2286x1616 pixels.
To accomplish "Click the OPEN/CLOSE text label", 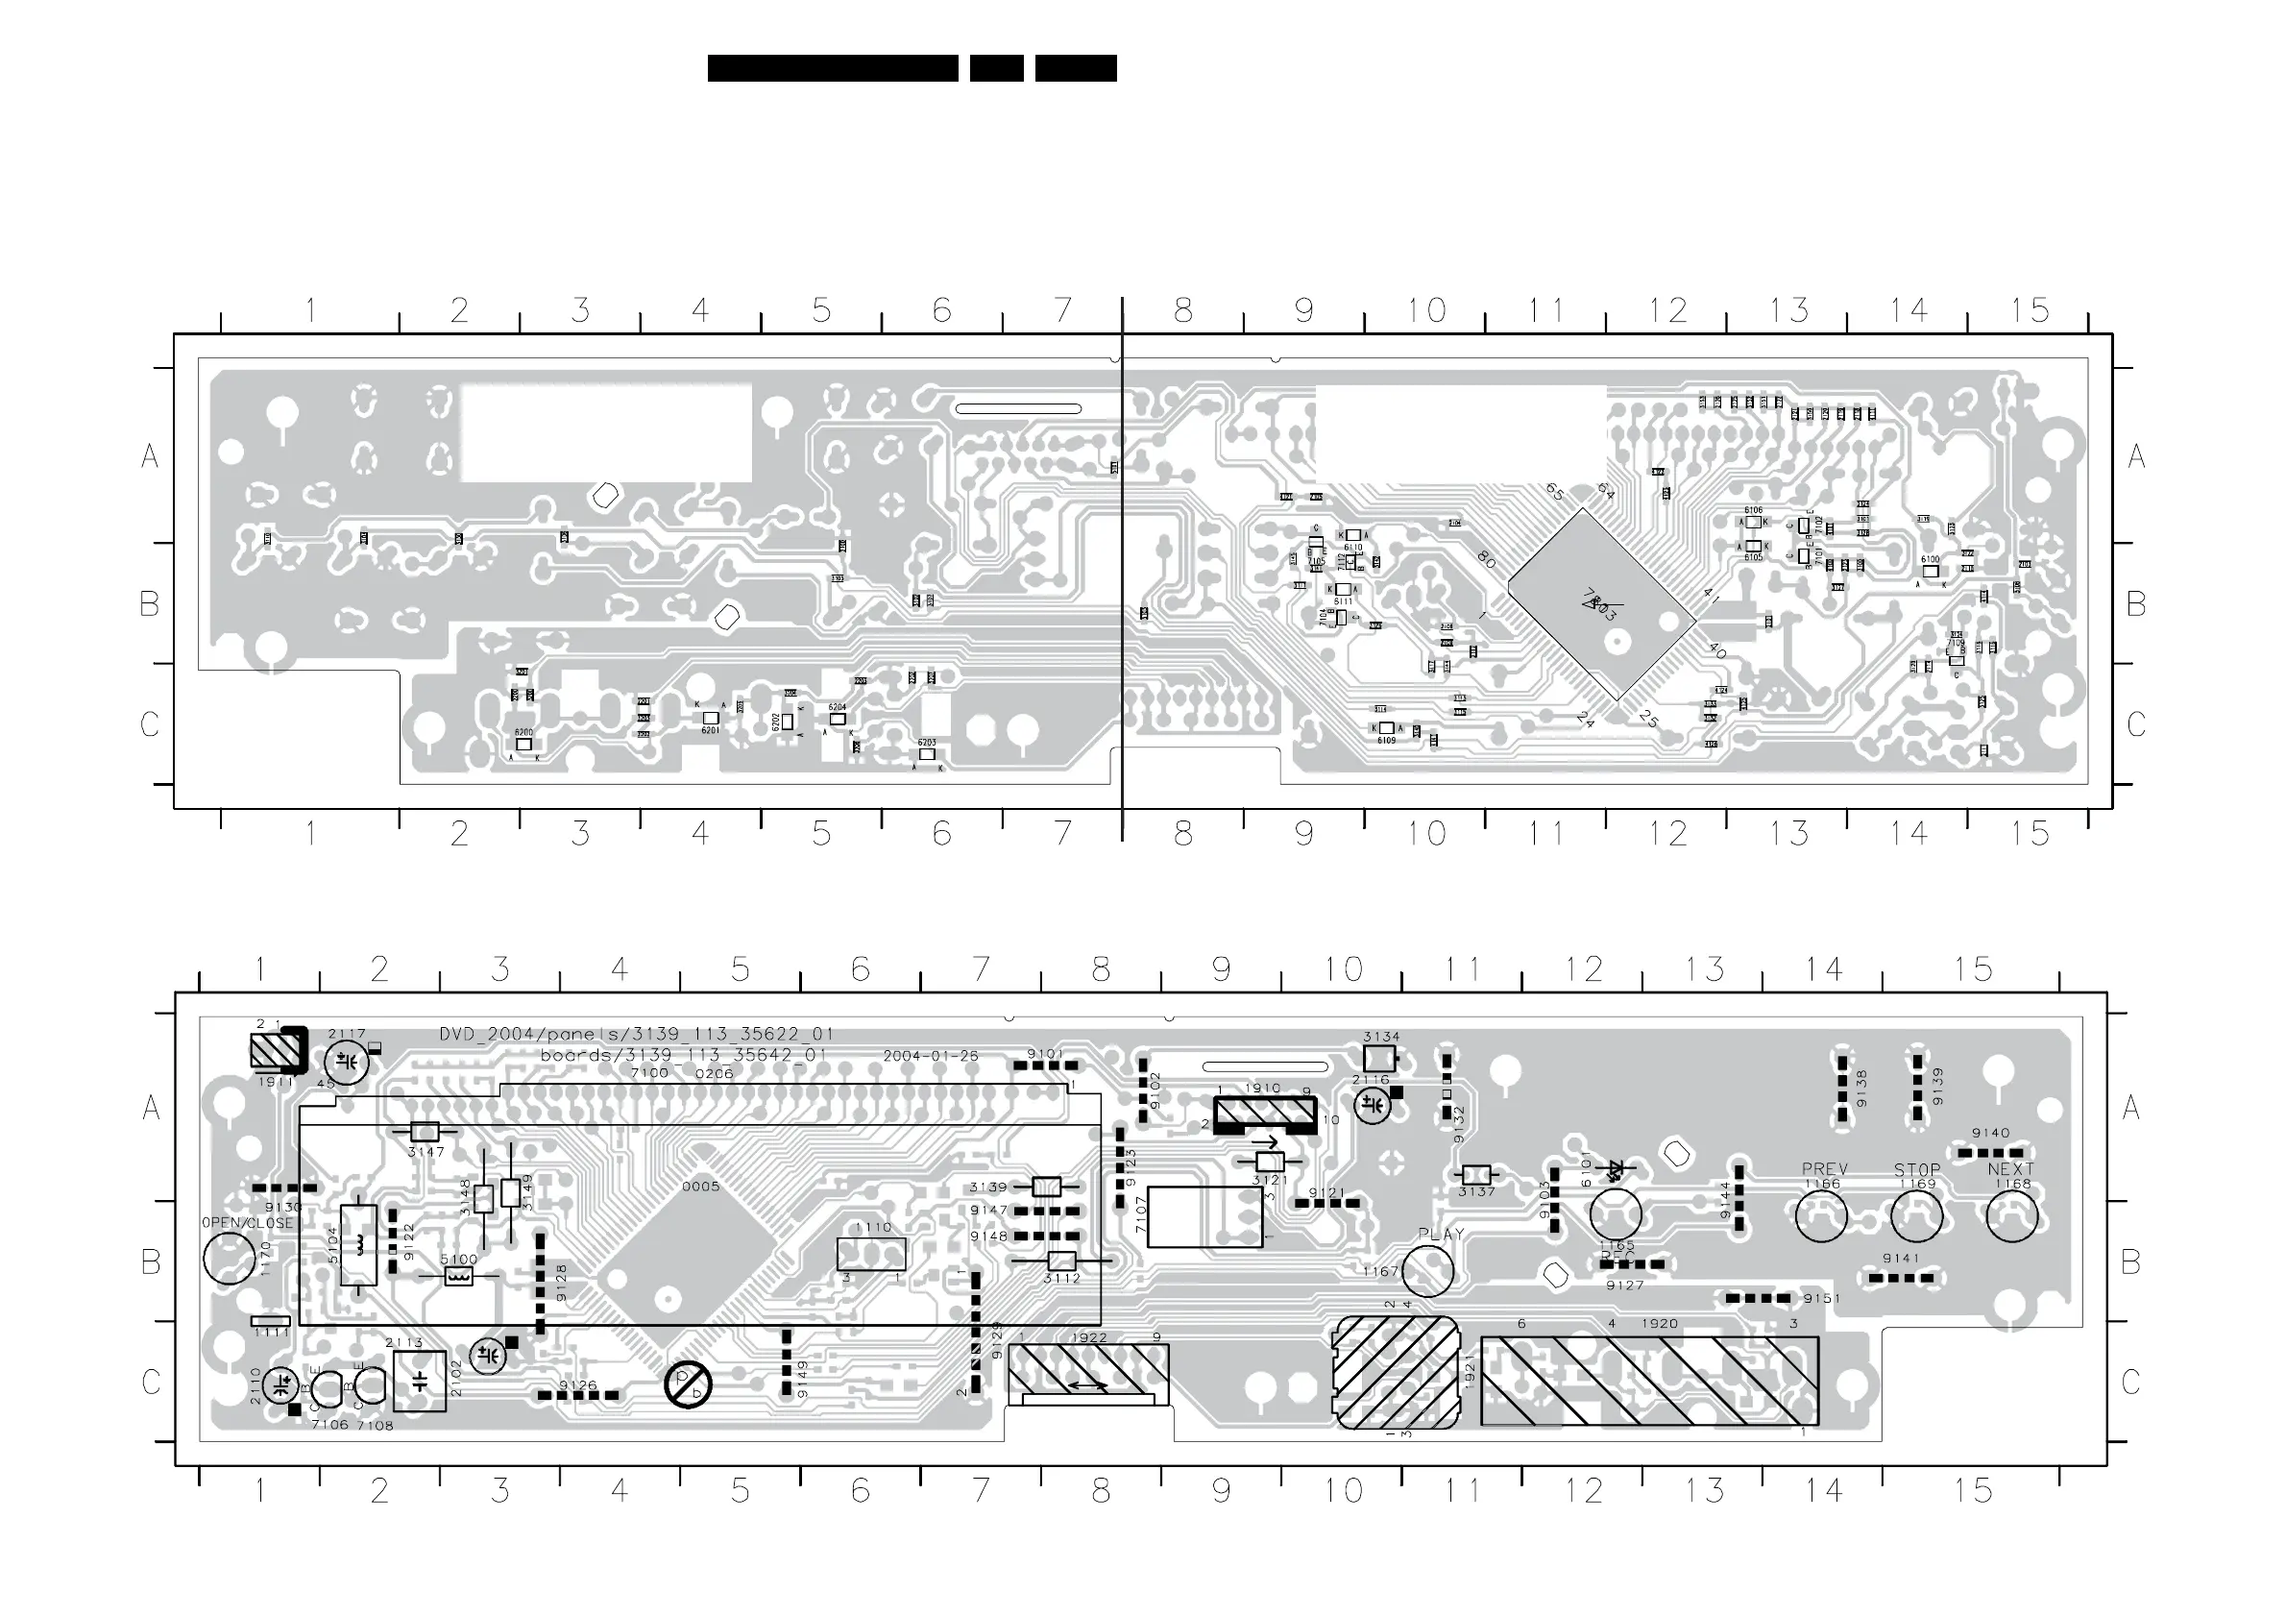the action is tap(247, 1223).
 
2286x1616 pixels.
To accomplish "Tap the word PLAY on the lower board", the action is tap(1441, 1235).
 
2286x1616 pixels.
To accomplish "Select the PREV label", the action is tap(1824, 1169).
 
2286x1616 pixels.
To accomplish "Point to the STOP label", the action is tap(1916, 1170).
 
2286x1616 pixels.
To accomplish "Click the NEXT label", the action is tap(2010, 1169).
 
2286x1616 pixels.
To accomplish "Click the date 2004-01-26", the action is tap(930, 1057).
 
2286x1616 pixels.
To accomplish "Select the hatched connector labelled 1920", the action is tap(1649, 1381).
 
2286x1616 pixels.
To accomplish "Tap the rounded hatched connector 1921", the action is tap(1395, 1372).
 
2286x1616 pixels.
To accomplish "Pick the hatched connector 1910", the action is tap(1264, 1114).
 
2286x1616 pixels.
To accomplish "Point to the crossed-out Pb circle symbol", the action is tap(688, 1384).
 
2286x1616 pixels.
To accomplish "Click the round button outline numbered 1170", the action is tap(229, 1259).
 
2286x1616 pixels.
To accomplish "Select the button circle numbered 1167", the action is tap(1426, 1270).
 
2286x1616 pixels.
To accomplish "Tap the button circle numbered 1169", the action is tap(1915, 1216).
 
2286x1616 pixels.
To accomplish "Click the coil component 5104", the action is tap(358, 1244).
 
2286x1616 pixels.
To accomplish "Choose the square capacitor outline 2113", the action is tap(419, 1381).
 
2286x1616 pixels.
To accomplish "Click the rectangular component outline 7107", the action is tap(1204, 1216).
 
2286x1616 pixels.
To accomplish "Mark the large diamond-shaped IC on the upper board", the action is tap(1600, 603).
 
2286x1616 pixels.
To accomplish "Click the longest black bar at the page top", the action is tap(833, 67).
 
